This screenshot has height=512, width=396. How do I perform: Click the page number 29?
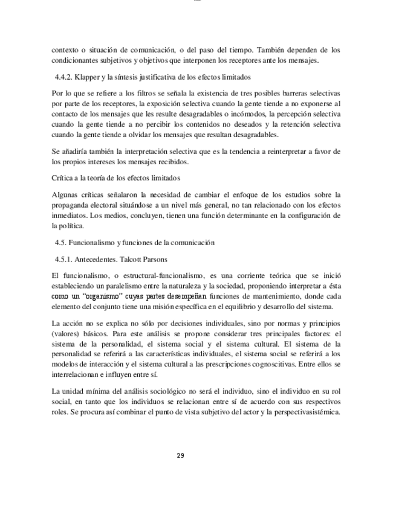pyautogui.click(x=180, y=455)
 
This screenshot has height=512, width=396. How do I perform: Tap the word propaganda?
pyautogui.click(x=72, y=205)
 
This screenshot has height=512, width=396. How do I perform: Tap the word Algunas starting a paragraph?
pyautogui.click(x=66, y=194)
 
